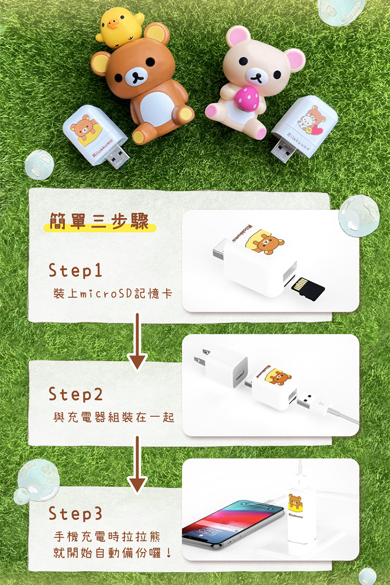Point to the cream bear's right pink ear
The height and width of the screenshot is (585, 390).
pyautogui.click(x=295, y=60)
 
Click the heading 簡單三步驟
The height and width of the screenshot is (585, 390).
pyautogui.click(x=99, y=221)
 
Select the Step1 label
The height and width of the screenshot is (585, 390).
pyautogui.click(x=75, y=270)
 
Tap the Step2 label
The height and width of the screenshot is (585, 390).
pyautogui.click(x=76, y=394)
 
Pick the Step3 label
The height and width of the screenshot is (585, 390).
pyautogui.click(x=75, y=513)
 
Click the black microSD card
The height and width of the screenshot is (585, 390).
pyautogui.click(x=308, y=289)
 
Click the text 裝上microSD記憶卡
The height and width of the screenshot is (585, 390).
pyautogui.click(x=113, y=293)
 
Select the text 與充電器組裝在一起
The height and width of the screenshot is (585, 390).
pyautogui.click(x=114, y=417)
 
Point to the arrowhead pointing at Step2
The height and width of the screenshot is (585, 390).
pyautogui.click(x=137, y=361)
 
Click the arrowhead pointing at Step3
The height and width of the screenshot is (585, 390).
pyautogui.click(x=137, y=485)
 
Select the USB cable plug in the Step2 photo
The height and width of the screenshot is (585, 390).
pyautogui.click(x=308, y=401)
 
